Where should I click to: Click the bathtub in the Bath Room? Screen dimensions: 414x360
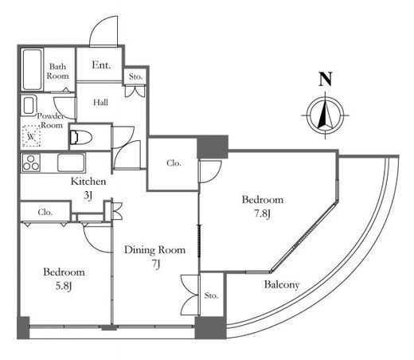coord(33,70)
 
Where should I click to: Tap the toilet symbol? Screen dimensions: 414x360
coord(81,137)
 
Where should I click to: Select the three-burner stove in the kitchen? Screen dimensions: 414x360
coord(31,162)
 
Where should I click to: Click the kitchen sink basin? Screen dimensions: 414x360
coord(71,162)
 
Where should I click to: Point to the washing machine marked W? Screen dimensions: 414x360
coord(31,136)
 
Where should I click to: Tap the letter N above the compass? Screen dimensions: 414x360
coord(325,79)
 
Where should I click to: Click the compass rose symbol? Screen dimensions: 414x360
coord(326,115)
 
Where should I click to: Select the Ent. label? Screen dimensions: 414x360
coord(101,65)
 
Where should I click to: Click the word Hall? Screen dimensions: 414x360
coord(100,102)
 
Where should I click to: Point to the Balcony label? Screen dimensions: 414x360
coord(282,285)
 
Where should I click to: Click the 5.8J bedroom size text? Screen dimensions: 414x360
coord(64,286)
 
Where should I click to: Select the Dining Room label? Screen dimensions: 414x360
coord(154,250)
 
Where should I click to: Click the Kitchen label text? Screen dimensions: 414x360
coord(88,182)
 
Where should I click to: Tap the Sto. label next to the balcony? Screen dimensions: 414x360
coord(211,295)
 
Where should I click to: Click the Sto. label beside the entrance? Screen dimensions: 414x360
coord(135,76)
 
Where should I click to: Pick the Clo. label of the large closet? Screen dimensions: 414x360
coord(174,163)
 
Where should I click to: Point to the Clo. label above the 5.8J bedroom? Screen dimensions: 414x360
coord(45,212)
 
